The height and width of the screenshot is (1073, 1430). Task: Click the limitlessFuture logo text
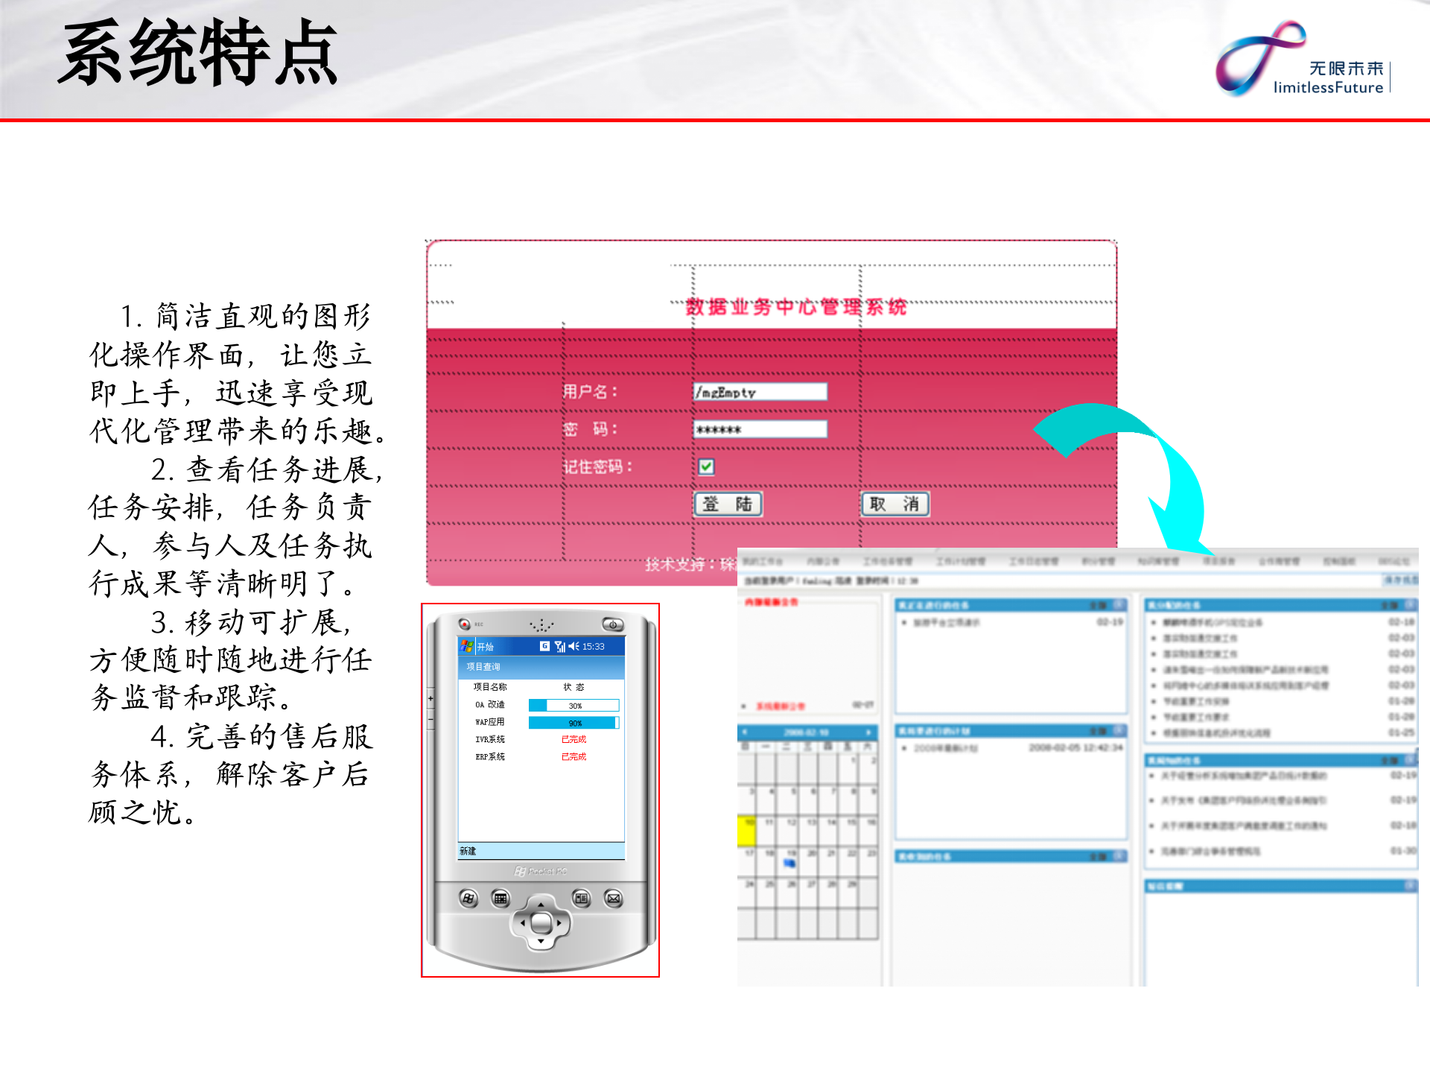[x=1328, y=87]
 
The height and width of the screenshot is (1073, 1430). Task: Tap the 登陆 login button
[x=728, y=504]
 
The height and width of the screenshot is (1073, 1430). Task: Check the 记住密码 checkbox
[x=706, y=466]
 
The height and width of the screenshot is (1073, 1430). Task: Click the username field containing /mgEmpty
[x=760, y=392]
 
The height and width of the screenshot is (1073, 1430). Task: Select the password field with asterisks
[x=760, y=429]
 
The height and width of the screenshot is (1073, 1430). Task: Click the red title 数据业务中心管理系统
[x=795, y=307]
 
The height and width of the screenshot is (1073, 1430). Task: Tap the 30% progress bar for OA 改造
[x=573, y=705]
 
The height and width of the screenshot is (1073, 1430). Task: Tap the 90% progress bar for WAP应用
[x=573, y=723]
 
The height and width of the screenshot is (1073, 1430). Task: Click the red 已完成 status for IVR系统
[x=573, y=739]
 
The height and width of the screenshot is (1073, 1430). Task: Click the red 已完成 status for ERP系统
[x=573, y=756]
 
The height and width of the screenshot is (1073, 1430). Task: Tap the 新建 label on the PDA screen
[x=468, y=851]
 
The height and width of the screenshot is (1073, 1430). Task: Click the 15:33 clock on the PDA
[x=593, y=646]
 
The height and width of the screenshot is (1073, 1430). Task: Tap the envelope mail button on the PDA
[x=613, y=899]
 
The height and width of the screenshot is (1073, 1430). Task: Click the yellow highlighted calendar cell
[x=746, y=832]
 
